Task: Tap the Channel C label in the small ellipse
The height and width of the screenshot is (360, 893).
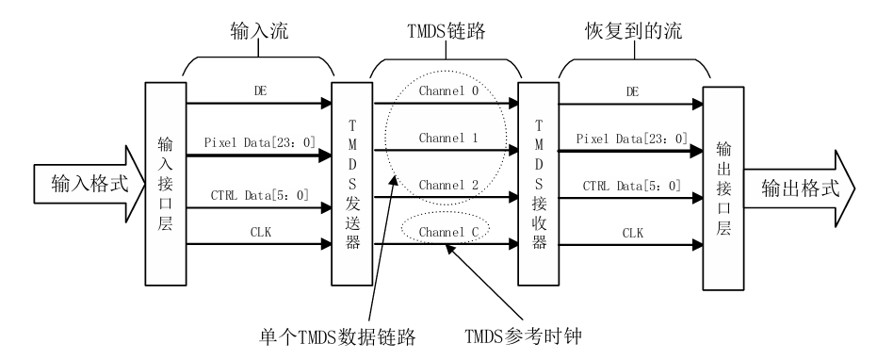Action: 445,231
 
